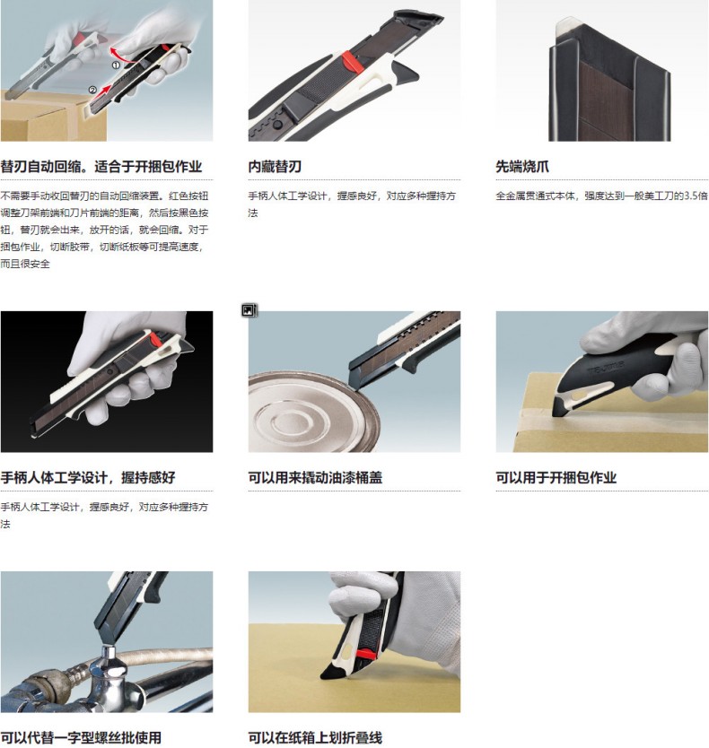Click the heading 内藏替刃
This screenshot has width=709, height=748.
pos(275,167)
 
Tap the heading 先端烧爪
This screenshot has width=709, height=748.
pos(522,167)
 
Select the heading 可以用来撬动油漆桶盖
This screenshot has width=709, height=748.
pos(315,477)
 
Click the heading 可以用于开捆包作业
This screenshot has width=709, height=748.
pos(556,477)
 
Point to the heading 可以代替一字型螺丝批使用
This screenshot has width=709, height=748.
pos(81,737)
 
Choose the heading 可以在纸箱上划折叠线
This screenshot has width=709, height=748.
pos(315,737)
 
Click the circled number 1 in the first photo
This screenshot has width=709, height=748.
pos(116,65)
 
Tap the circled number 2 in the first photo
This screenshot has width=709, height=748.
pos(92,90)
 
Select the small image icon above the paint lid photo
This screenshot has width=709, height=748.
pos(249,310)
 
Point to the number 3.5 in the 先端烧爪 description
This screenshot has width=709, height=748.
pos(691,196)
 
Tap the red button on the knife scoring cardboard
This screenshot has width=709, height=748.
pos(365,655)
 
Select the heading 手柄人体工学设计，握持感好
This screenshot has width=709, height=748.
pos(88,477)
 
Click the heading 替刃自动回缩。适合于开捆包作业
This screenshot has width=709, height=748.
pos(101,167)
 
